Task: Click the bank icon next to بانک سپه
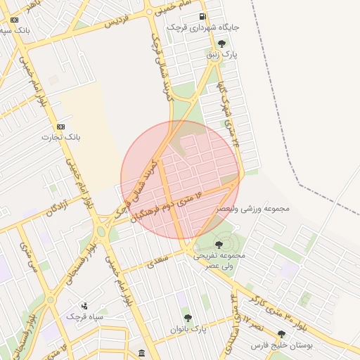(x=15, y=20)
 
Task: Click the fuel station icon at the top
(x=202, y=16)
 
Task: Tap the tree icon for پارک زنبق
(x=221, y=43)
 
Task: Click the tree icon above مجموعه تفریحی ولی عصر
(x=219, y=244)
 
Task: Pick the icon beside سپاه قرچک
(x=84, y=306)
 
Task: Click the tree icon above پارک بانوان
(x=188, y=317)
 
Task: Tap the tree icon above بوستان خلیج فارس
(x=282, y=334)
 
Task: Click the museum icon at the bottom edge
(x=142, y=352)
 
